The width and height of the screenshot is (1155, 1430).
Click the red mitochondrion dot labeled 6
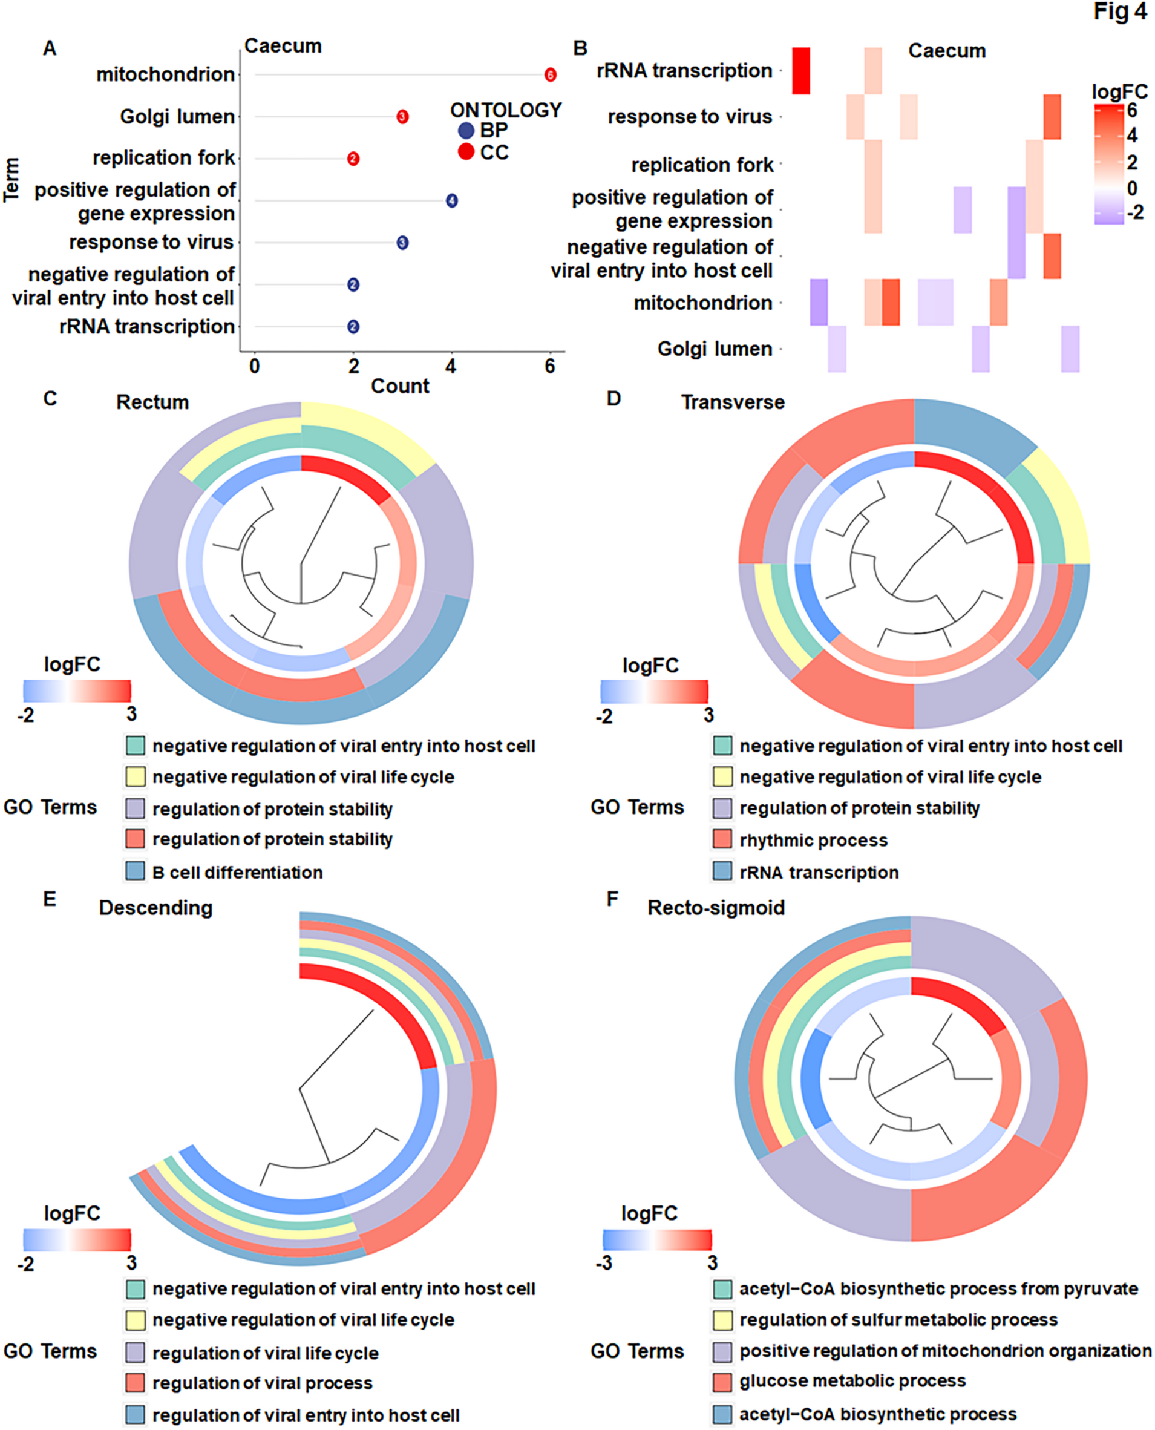(549, 74)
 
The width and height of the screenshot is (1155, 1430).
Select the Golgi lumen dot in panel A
(402, 116)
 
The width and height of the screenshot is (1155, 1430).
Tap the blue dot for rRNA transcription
(353, 327)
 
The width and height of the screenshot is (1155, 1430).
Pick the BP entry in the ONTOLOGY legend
(466, 131)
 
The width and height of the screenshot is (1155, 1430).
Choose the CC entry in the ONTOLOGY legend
(466, 153)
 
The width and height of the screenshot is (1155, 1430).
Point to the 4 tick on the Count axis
(451, 366)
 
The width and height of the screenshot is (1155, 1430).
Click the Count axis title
(400, 386)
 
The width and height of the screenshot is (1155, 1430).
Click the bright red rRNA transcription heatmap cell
(801, 71)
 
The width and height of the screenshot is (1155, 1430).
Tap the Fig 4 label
(1120, 12)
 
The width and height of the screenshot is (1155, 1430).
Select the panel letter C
(50, 399)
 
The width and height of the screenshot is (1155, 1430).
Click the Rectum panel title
(152, 402)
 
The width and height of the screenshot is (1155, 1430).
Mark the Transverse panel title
(733, 402)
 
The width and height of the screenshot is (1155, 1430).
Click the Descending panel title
(155, 908)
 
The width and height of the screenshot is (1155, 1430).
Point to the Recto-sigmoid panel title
(716, 908)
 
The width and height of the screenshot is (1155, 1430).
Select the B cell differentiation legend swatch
(136, 871)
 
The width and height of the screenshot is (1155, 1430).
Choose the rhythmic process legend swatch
(722, 839)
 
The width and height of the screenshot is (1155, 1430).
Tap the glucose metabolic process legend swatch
(722, 1382)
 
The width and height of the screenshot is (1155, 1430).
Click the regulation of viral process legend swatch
(136, 1383)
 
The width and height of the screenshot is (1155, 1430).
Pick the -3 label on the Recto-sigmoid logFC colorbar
(604, 1263)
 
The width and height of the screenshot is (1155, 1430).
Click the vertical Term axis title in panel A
(11, 180)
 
